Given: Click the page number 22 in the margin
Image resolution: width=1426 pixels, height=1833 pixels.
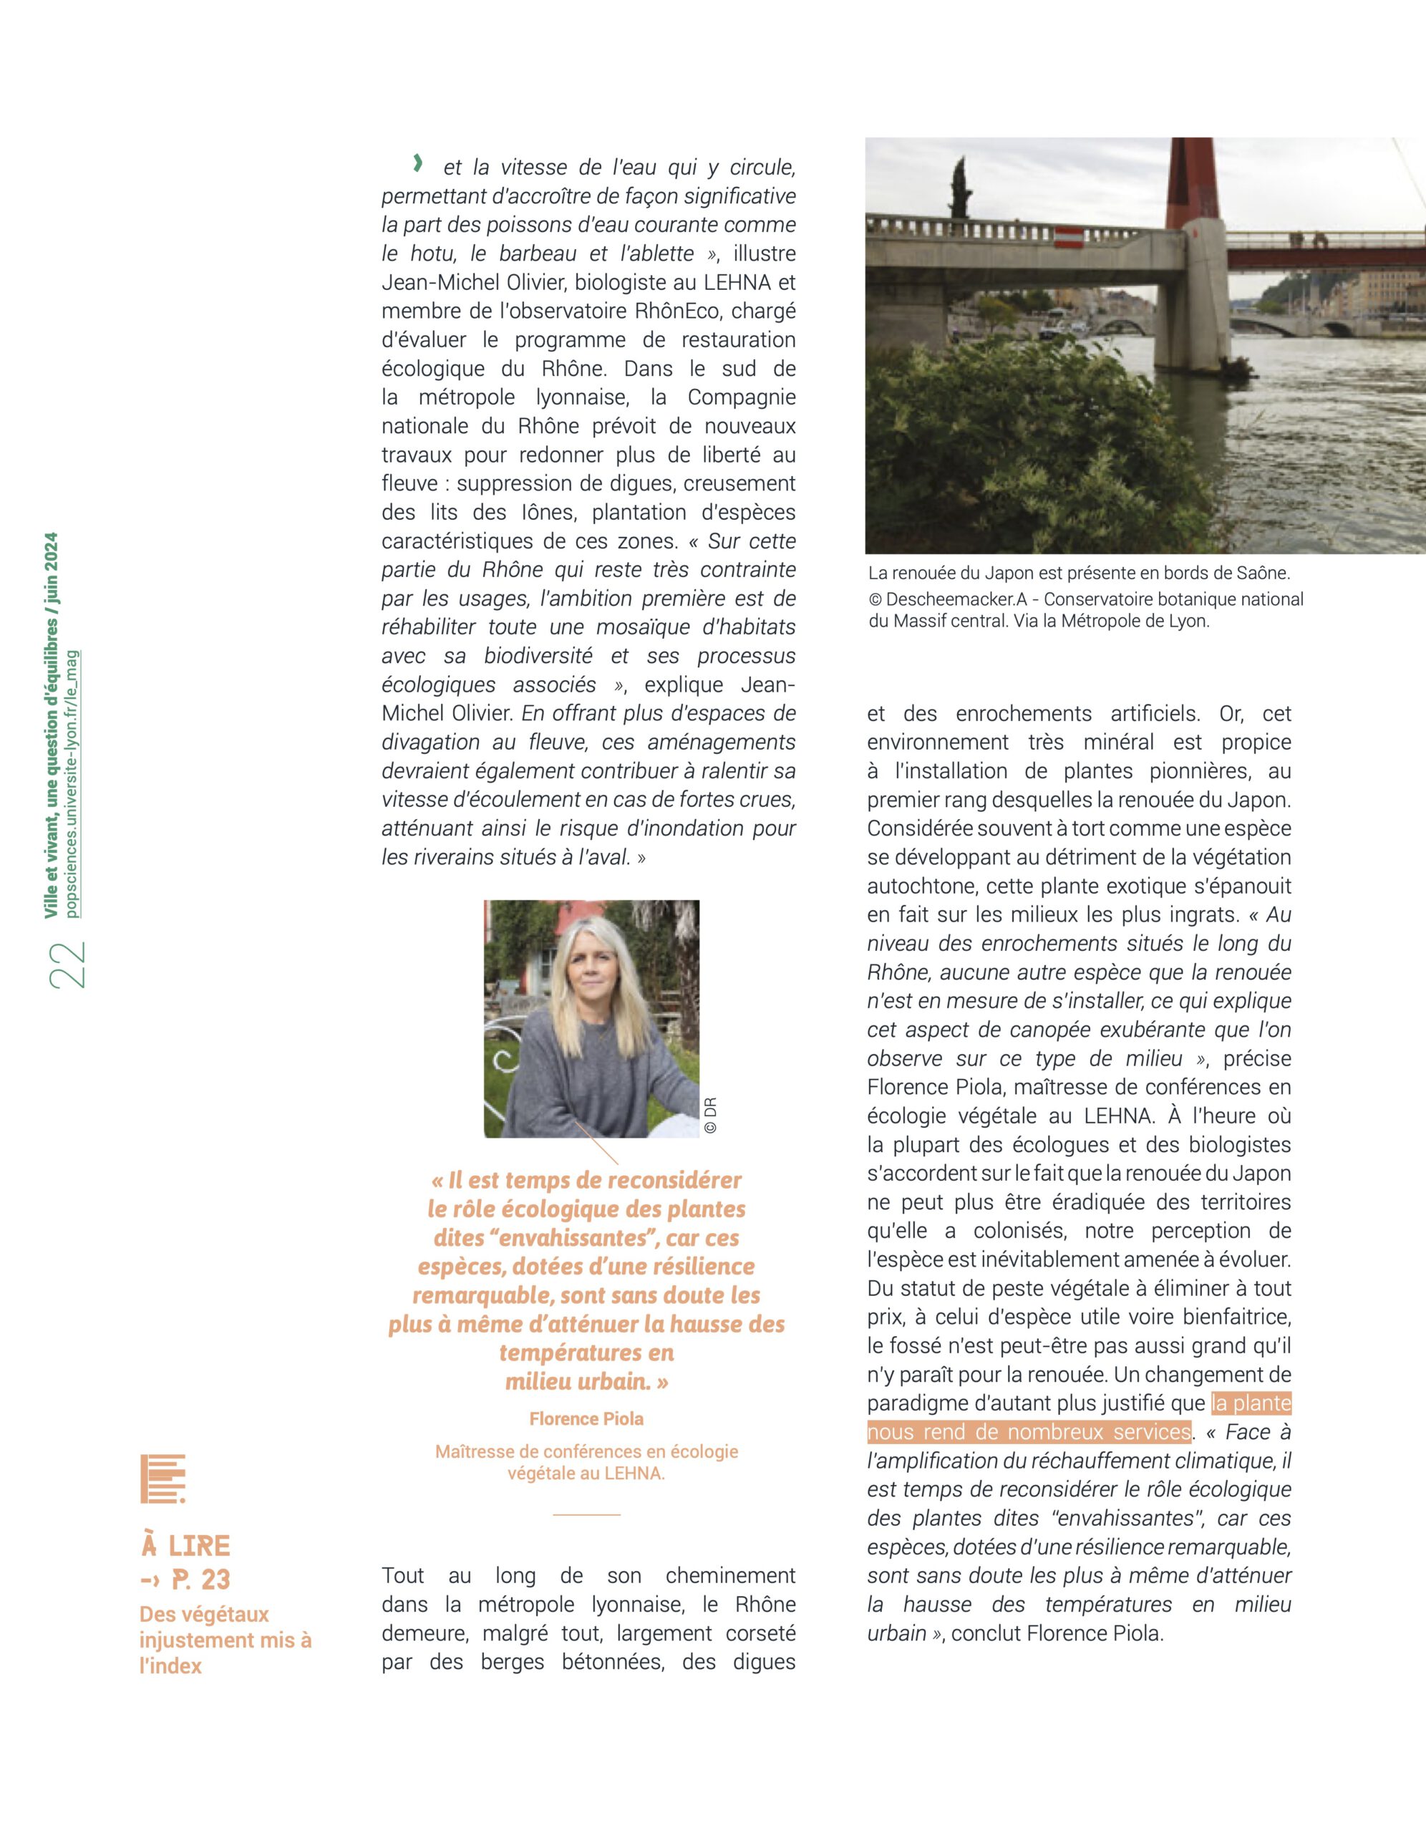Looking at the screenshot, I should tap(68, 965).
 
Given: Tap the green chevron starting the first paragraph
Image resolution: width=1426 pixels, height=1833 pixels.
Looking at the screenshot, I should tap(417, 164).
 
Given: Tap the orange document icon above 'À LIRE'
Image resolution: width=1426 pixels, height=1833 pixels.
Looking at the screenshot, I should tap(163, 1479).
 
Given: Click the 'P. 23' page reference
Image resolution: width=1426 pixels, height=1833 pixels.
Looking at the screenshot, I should tap(200, 1580).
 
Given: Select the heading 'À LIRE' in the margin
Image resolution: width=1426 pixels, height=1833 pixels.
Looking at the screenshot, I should tap(185, 1545).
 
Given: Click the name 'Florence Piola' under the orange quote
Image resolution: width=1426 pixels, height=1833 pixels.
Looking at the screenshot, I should tap(586, 1418).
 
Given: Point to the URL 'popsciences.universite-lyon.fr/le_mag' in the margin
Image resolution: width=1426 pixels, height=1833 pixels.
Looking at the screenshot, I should tap(72, 784).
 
